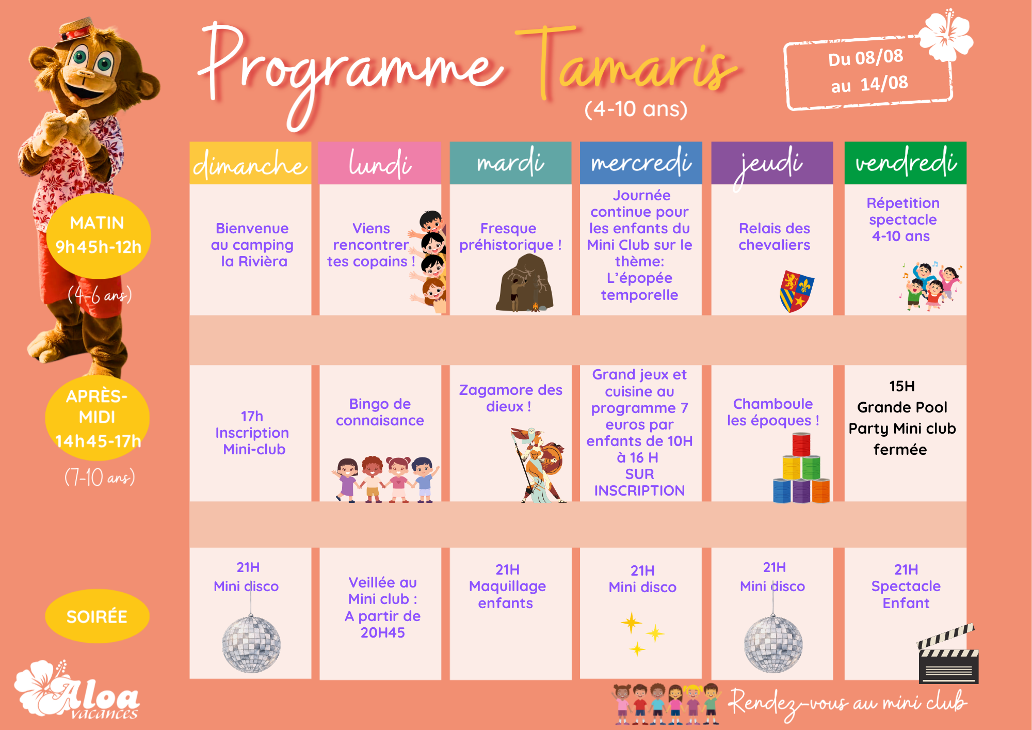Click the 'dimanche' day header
[x=250, y=163]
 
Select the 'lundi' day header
[x=380, y=163]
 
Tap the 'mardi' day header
[x=510, y=163]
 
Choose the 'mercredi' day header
[x=641, y=163]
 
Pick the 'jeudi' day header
[x=772, y=163]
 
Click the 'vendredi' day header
[x=906, y=163]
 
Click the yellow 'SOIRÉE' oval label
[x=97, y=616]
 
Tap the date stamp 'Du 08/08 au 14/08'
[x=868, y=72]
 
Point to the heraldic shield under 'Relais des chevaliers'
[x=797, y=291]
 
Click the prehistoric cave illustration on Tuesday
[x=525, y=283]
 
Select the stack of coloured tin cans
[x=801, y=468]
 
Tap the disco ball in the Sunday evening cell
[x=251, y=644]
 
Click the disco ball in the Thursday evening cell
[x=773, y=644]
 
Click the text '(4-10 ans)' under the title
[x=636, y=109]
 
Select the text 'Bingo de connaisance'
[x=380, y=412]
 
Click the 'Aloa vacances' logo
[x=77, y=690]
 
